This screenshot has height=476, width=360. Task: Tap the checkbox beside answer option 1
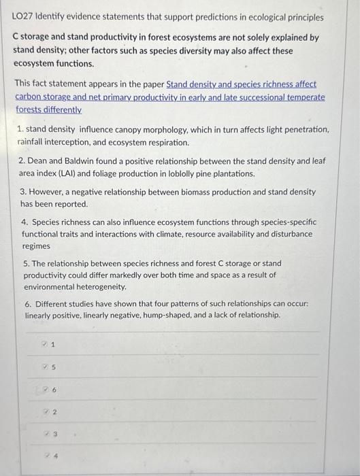(x=44, y=344)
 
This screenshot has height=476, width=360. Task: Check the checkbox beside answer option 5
(x=44, y=367)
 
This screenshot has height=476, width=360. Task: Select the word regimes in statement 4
(x=35, y=245)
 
